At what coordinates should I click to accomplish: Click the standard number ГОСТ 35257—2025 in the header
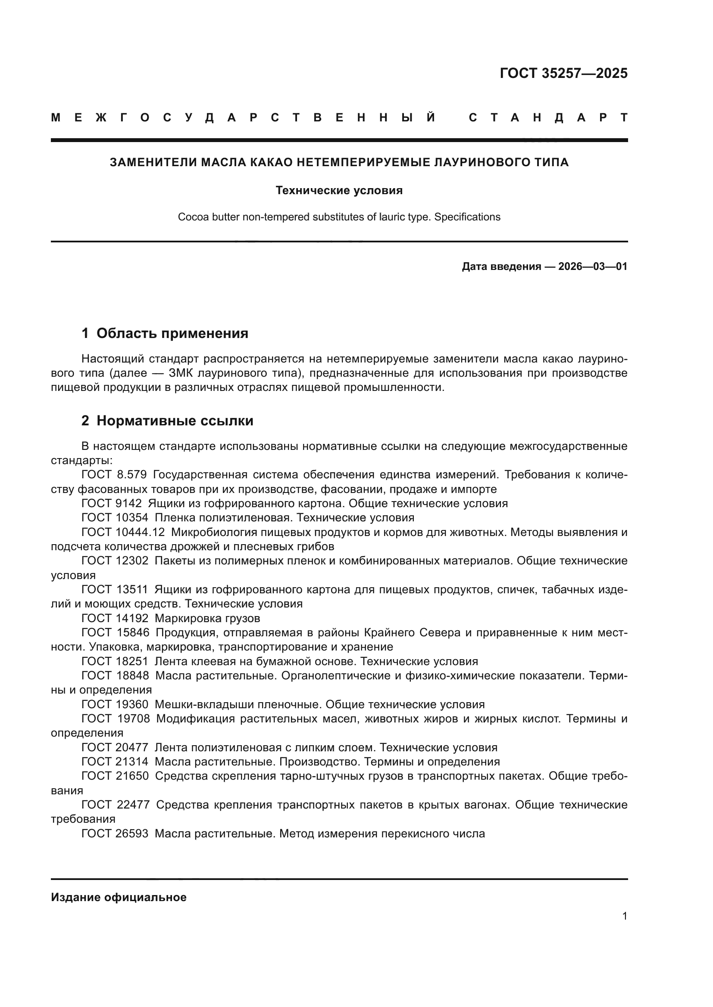563,73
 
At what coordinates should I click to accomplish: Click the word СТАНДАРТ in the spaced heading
548,118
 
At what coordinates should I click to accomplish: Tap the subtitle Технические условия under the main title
339,190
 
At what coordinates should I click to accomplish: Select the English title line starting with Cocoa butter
339,217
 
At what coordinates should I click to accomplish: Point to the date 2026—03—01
593,266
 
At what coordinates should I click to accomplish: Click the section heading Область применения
172,334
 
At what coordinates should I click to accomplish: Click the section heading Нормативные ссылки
175,421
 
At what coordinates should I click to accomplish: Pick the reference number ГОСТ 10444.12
123,533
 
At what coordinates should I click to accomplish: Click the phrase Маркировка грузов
207,618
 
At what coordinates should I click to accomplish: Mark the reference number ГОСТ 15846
115,633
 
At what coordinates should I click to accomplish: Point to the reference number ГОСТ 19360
115,705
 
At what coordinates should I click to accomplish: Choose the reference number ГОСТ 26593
115,834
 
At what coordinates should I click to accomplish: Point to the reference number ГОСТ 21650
115,776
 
